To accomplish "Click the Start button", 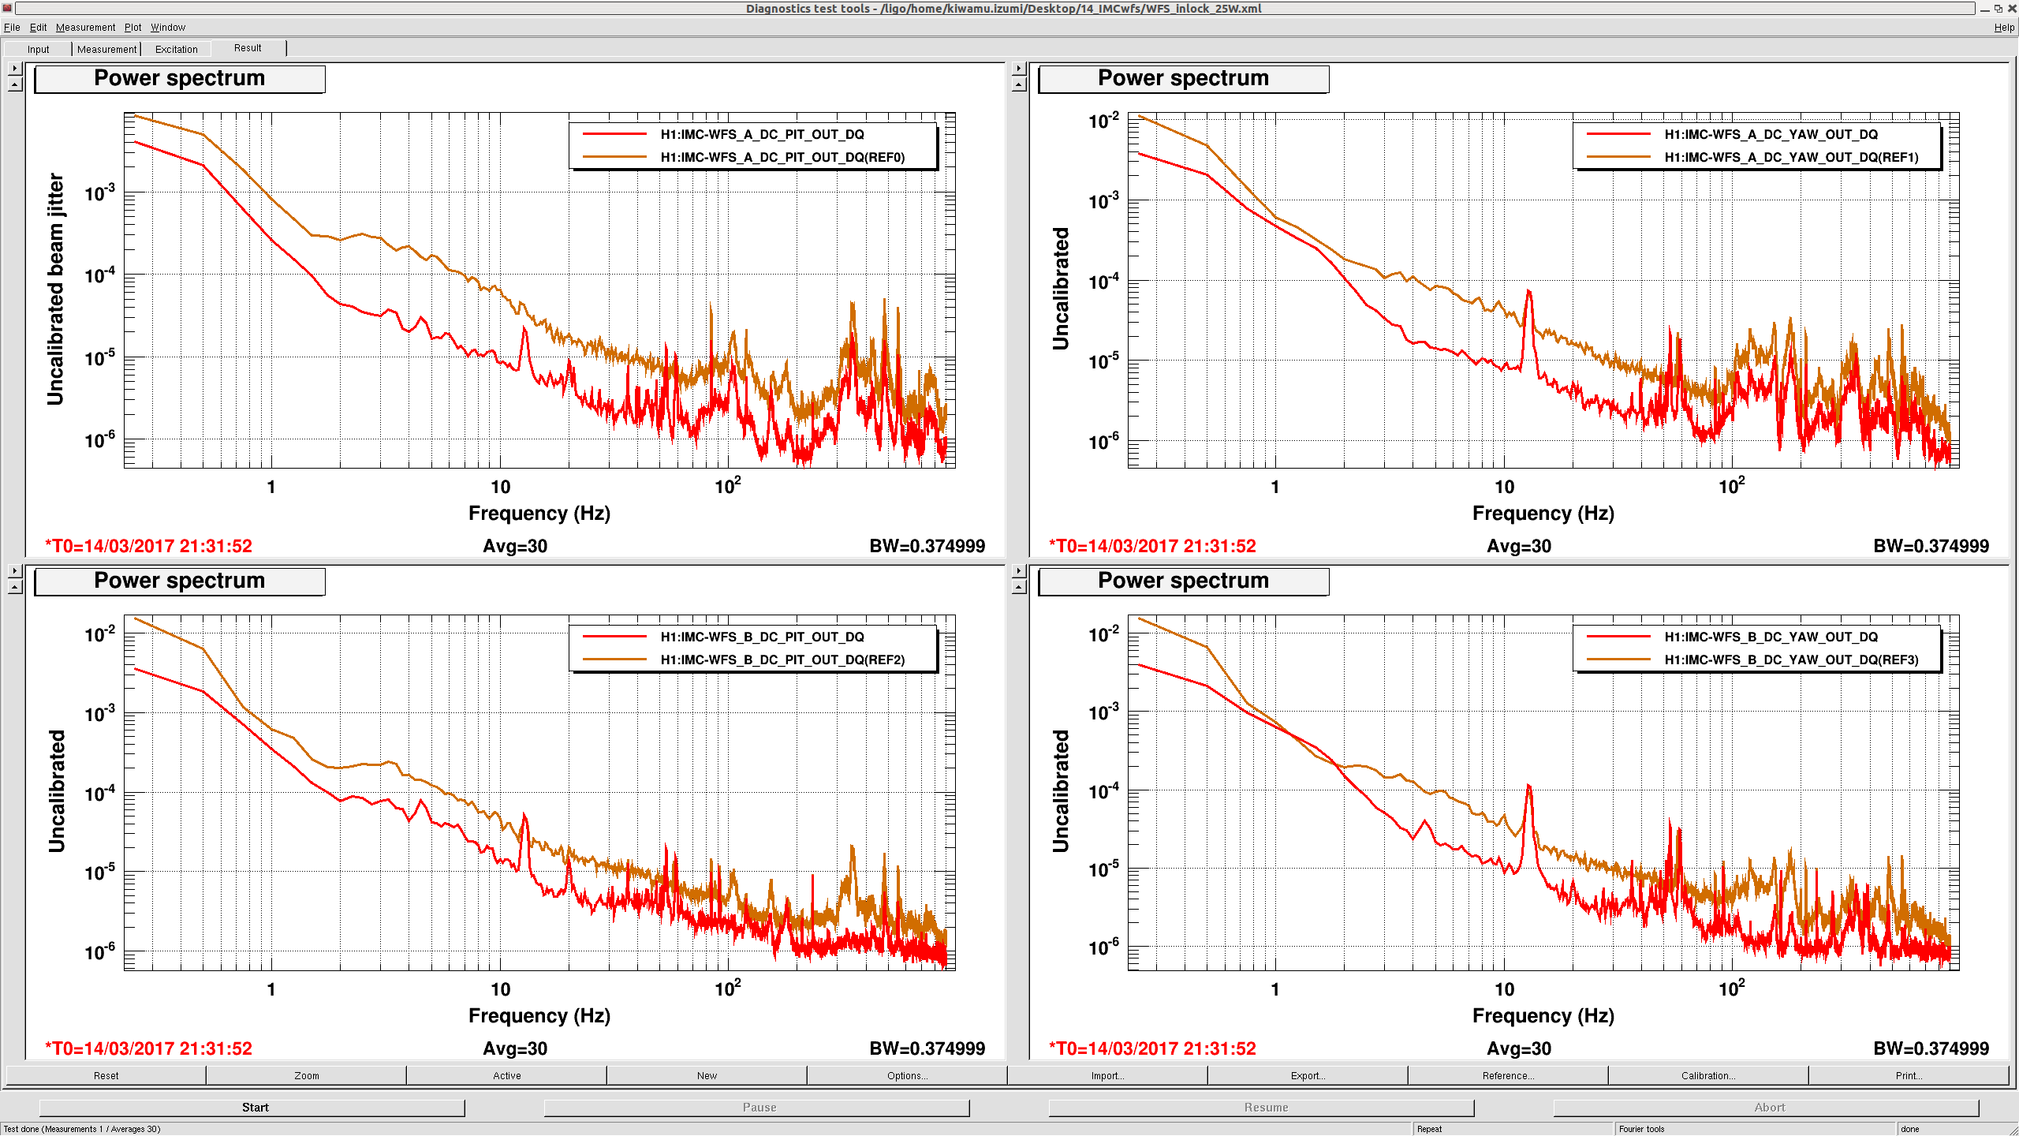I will (x=255, y=1108).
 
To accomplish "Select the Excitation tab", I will (x=176, y=49).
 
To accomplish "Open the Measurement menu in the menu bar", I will (x=85, y=27).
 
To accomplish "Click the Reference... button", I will (x=1507, y=1075).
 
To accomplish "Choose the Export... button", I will (x=1308, y=1075).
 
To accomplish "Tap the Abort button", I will (x=1769, y=1108).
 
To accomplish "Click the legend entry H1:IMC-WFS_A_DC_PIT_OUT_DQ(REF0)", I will (x=782, y=157).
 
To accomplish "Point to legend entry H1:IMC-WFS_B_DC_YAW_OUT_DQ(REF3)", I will (x=1791, y=660).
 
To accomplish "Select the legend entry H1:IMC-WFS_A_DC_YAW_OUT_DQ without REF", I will (x=1771, y=134).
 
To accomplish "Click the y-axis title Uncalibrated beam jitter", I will (x=55, y=289).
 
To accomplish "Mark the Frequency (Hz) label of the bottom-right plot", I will (x=1543, y=1015).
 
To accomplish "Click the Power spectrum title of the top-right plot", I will (x=1183, y=78).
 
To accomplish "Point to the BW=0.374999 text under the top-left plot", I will (x=927, y=546).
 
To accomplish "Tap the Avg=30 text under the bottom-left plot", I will (x=515, y=1048).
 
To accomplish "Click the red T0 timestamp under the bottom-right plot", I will (x=1152, y=1048).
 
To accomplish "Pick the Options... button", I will (x=907, y=1075).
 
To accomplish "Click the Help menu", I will (x=2004, y=27).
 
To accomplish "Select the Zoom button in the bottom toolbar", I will (x=307, y=1075).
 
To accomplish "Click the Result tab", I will (x=248, y=48).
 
